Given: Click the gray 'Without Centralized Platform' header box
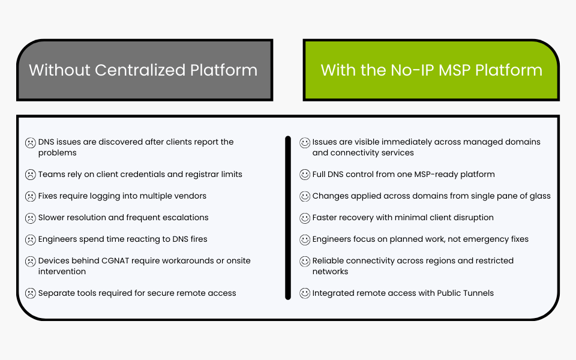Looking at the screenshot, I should pos(144,70).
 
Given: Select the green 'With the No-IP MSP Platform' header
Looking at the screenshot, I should pos(431,70).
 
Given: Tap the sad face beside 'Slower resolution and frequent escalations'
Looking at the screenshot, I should pos(30,218).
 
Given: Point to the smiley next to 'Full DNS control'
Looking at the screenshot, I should pos(305,175).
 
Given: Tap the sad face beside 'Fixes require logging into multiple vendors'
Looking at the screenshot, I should pos(30,196).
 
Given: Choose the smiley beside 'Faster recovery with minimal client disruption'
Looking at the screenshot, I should pos(305,218).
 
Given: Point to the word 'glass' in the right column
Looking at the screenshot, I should pos(539,196).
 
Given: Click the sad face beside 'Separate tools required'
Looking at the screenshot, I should pos(30,293).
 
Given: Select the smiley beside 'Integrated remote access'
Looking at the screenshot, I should pos(305,293).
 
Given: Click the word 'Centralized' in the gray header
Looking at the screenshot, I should pos(140,70).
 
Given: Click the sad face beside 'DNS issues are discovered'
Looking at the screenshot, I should pos(30,143).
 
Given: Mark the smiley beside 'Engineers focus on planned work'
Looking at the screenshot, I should pos(305,239).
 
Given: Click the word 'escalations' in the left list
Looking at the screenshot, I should pos(185,218).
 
